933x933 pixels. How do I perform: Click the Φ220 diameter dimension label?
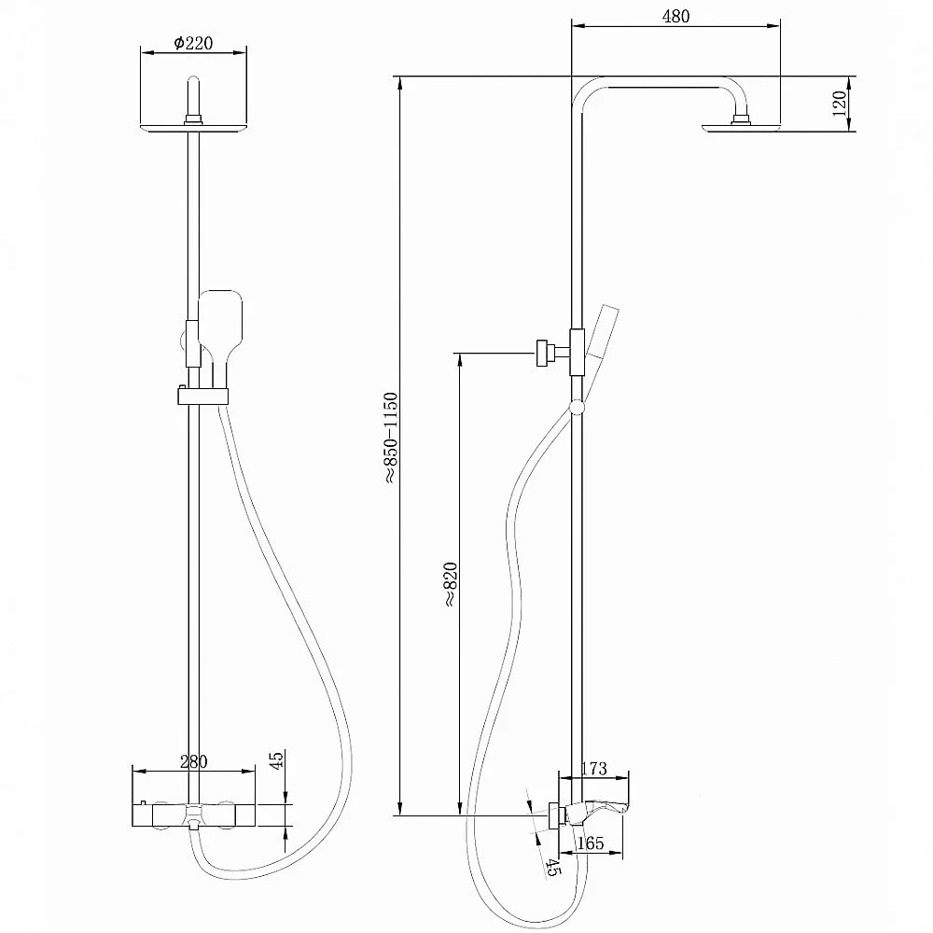tap(193, 43)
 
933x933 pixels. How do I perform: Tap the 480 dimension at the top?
tap(675, 16)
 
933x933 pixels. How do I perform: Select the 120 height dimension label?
tap(839, 104)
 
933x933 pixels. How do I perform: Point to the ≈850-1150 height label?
tap(390, 438)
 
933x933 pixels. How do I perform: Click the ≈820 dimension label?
tap(450, 584)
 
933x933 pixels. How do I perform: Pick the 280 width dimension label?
tap(193, 761)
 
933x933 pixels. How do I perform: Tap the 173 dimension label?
tap(593, 768)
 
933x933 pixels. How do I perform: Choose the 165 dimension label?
tap(591, 842)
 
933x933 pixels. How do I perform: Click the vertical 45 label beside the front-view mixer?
tap(277, 759)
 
